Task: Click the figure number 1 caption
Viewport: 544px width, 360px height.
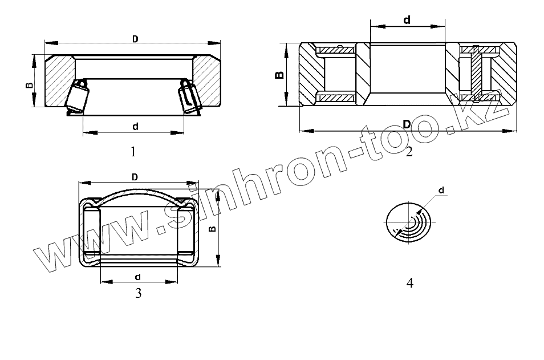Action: click(133, 152)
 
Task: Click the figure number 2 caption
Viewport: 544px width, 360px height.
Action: click(409, 151)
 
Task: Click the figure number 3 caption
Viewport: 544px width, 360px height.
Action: click(139, 293)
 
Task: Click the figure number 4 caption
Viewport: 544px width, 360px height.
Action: click(410, 284)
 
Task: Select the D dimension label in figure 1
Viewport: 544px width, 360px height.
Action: click(135, 39)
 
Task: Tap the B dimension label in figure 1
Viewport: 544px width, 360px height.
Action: click(30, 85)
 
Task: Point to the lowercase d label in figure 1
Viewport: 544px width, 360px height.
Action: click(136, 126)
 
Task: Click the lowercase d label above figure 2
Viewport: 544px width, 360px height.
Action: click(407, 20)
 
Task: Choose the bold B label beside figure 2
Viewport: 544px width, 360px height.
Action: click(279, 75)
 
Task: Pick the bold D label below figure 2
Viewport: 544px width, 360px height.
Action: click(407, 124)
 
